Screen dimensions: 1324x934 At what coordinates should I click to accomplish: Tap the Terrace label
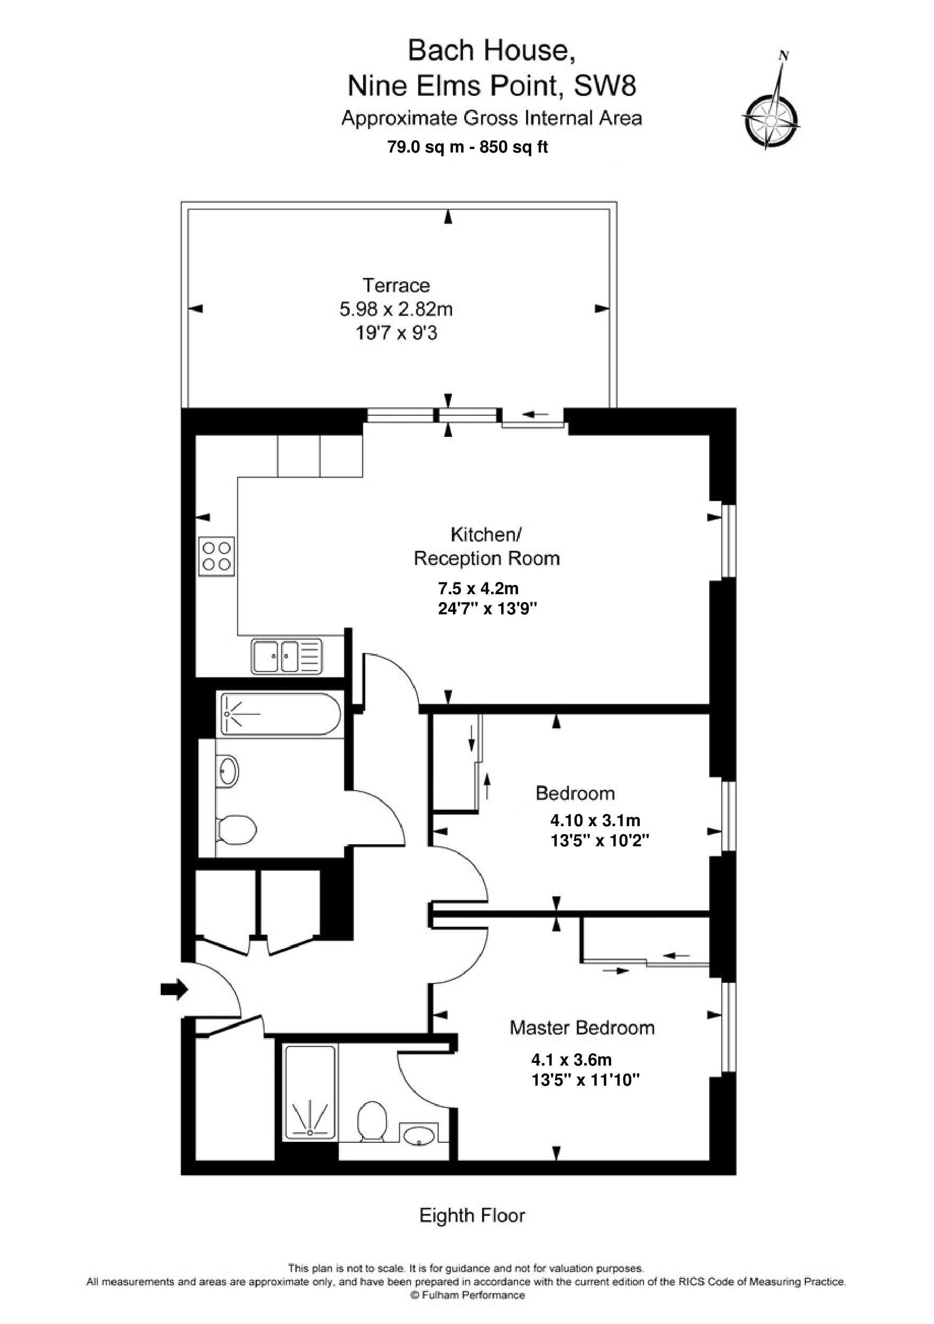click(396, 285)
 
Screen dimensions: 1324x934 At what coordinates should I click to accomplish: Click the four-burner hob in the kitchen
click(216, 556)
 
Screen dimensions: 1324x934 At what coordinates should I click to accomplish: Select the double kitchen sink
click(286, 656)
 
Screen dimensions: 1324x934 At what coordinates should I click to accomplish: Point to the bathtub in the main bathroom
click(280, 714)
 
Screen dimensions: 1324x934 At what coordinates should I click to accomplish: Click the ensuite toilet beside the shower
click(371, 1119)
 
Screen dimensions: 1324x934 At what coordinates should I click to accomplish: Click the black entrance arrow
click(174, 989)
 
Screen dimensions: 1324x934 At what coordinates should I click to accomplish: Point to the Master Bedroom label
click(582, 1027)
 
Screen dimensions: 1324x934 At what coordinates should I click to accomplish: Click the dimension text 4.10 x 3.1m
click(595, 820)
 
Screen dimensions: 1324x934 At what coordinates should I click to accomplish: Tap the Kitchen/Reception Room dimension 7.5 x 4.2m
click(478, 588)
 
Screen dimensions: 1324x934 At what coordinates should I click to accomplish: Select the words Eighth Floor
click(472, 1215)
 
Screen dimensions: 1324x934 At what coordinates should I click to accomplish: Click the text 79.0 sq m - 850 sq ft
click(467, 147)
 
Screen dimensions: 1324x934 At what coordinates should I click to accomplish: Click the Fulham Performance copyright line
click(467, 1294)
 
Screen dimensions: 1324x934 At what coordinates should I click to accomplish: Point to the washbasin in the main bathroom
click(228, 771)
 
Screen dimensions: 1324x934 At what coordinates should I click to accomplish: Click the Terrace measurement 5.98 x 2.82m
click(396, 310)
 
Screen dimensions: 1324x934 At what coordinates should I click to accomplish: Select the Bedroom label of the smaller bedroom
click(575, 793)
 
